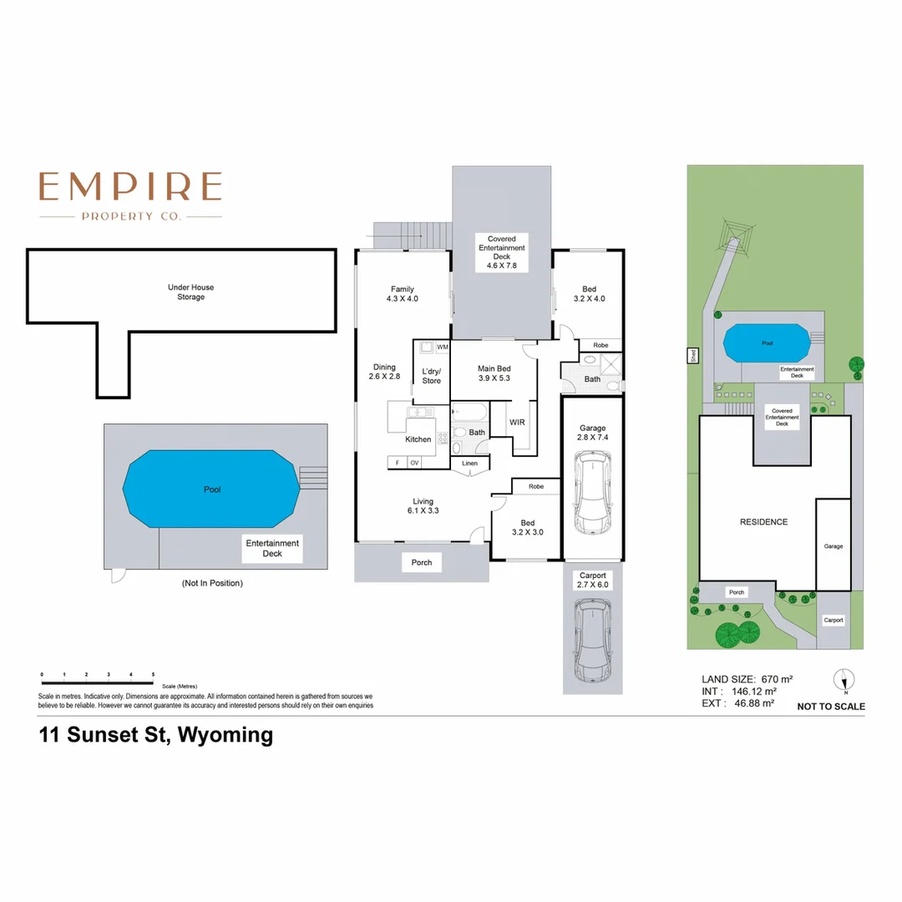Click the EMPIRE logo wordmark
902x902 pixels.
[130, 186]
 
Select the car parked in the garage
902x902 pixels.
[591, 494]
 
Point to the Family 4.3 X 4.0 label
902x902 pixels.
[402, 294]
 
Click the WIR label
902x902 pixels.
[517, 423]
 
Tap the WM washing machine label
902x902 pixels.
[442, 347]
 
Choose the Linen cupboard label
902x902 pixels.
[469, 463]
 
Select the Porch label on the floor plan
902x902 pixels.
[422, 562]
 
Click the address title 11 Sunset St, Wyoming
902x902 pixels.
[156, 736]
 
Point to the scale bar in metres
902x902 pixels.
[97, 674]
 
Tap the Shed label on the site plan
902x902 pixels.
[692, 355]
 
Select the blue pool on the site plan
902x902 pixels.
[766, 342]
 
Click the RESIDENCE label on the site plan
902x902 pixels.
[763, 522]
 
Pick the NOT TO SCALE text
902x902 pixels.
[831, 707]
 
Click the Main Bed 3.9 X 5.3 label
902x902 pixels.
[494, 373]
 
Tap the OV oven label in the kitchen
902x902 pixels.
[415, 463]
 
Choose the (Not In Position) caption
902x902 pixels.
[212, 583]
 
